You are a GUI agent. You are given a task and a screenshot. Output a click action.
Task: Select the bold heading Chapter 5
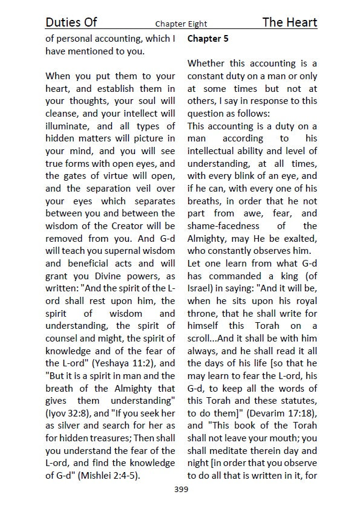pos(208,39)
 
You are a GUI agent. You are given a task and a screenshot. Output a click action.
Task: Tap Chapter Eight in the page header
pos(181,24)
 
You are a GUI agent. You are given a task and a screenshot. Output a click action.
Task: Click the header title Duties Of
pos(71,22)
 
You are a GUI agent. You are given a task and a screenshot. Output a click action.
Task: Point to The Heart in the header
pos(290,22)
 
